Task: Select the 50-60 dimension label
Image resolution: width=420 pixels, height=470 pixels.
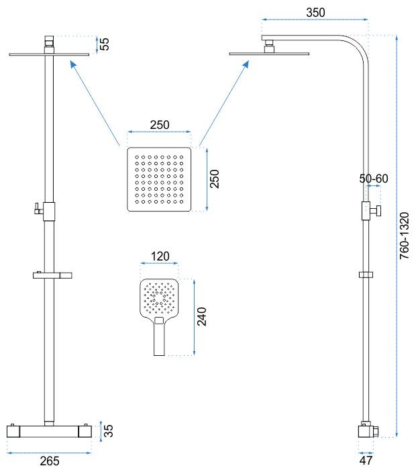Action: tap(374, 179)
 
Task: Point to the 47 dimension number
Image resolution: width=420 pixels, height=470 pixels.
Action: tap(366, 461)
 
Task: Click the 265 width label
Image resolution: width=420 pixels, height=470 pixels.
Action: tap(50, 461)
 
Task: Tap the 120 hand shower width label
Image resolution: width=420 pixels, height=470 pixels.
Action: tap(160, 256)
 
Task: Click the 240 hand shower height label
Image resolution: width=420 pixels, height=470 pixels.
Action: tap(202, 316)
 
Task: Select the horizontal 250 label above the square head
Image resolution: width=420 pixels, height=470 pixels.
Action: tap(159, 125)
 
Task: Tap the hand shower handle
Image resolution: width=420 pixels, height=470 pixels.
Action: tap(158, 338)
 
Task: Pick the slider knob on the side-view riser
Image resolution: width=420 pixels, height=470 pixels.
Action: tap(378, 211)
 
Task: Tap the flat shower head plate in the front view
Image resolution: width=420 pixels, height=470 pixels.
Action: tap(50, 54)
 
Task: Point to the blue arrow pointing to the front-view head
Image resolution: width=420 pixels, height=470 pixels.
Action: tap(93, 101)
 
